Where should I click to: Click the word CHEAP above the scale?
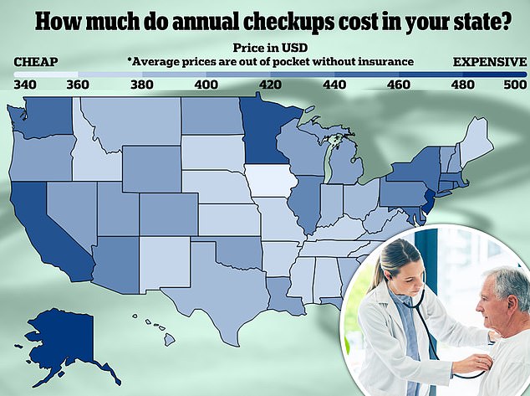coord(36,62)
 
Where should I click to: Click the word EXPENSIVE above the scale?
coord(489,62)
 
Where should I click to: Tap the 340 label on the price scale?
coord(25,85)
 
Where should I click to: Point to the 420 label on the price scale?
coord(270,85)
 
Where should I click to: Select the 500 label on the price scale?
coord(515,85)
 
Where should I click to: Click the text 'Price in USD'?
coord(270,48)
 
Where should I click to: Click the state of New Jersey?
coord(429,202)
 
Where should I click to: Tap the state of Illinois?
coord(307,203)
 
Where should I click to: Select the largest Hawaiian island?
coord(170,339)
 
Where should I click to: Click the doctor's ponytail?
coord(375,278)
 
